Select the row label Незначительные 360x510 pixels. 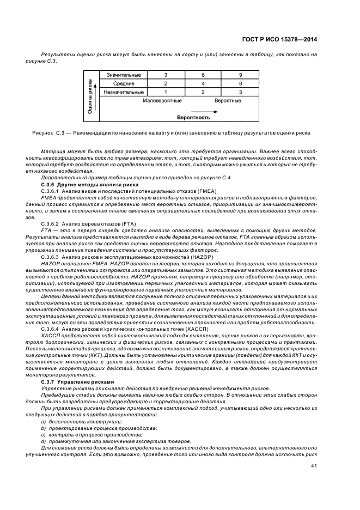point(122,92)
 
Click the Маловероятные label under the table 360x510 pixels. point(162,101)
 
